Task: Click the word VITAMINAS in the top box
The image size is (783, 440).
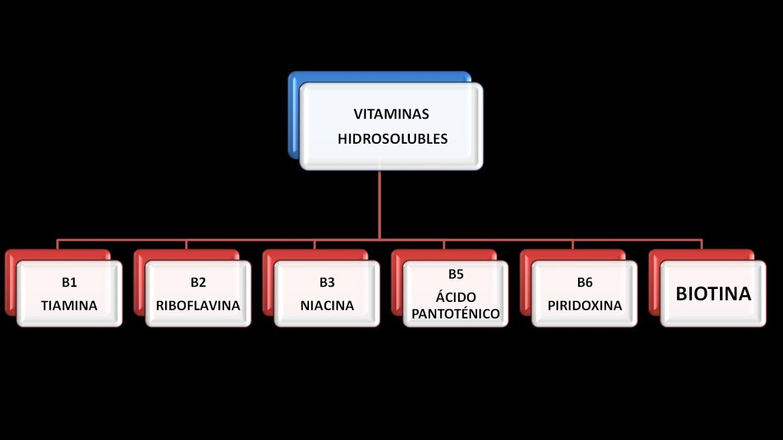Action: coord(391,114)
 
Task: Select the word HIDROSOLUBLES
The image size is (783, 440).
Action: coord(392,139)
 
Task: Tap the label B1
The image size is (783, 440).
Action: coord(69,282)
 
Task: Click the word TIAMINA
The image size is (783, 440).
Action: coord(69,306)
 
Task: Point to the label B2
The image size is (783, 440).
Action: coord(198,282)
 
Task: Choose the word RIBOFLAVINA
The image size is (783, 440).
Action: coord(198,306)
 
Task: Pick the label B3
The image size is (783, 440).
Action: coord(327,282)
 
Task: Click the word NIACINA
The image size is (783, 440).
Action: coord(327,306)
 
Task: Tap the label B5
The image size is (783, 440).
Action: coord(456,274)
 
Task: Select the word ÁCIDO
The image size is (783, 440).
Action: coord(456,298)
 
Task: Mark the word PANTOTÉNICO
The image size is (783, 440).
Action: coord(456,314)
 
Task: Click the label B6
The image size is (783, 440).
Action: coord(585,282)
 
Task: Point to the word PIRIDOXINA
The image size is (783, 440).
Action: coord(585,306)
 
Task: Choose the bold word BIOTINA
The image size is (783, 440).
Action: coord(713,294)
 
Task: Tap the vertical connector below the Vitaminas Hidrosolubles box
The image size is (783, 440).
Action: coord(380,205)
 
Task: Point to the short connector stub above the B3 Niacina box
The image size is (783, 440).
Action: coord(315,244)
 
